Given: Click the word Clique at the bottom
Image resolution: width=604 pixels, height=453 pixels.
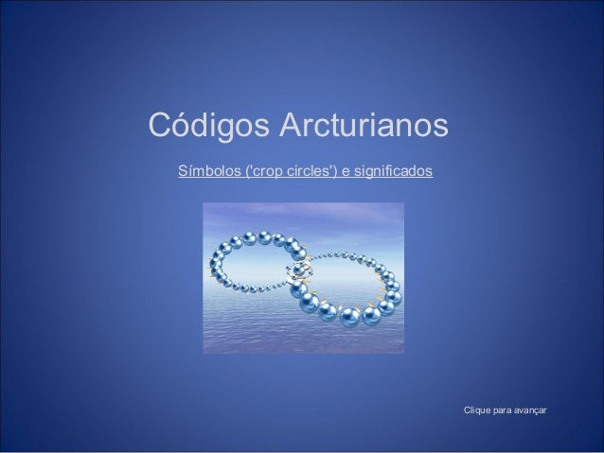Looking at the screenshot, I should (474, 409).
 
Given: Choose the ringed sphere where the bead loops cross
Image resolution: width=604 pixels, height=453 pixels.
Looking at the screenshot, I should (300, 270).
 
